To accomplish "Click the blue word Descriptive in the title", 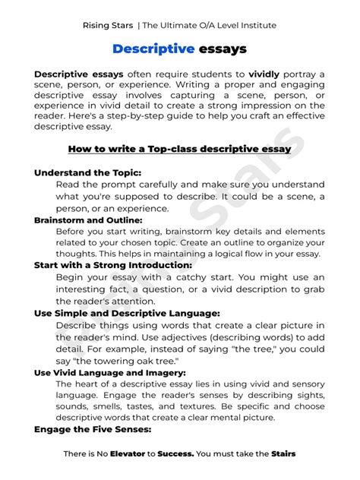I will [x=143, y=49].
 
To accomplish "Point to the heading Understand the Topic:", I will [x=88, y=172].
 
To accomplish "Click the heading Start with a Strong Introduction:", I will [x=113, y=266].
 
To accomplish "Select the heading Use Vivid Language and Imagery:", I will [x=110, y=373].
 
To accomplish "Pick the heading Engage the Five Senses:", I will [x=93, y=429].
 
